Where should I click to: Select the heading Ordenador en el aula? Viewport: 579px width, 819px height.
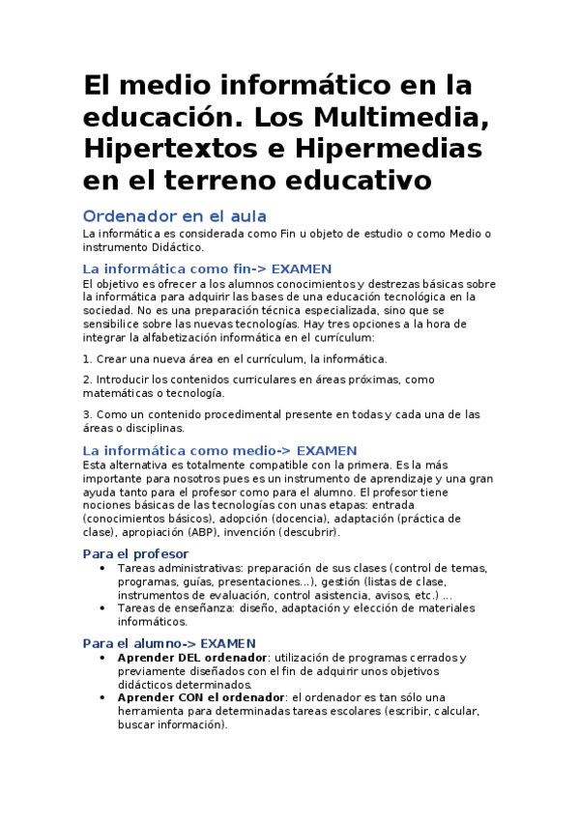point(174,215)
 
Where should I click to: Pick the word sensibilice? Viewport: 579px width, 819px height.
point(115,325)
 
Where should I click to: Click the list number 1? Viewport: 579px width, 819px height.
point(86,359)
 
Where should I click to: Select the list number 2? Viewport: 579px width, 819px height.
point(86,380)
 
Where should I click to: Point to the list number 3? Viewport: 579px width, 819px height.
point(86,414)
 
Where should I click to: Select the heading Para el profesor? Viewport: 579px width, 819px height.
point(135,553)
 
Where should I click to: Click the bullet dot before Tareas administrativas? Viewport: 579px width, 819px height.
point(103,568)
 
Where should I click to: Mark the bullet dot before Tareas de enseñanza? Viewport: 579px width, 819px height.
point(103,608)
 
